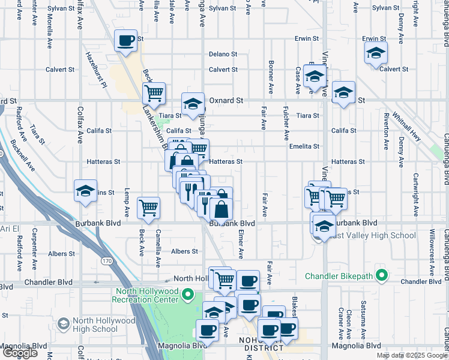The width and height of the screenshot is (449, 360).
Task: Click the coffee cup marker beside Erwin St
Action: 126,41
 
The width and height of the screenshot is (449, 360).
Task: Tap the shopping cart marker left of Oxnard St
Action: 154,94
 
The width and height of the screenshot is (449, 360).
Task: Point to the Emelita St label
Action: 304,146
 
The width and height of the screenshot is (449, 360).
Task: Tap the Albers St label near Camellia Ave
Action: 184,251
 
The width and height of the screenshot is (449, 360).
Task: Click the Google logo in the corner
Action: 20,353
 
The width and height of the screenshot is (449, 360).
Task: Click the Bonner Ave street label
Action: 271,79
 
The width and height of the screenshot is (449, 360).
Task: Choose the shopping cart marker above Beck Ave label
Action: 148,208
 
